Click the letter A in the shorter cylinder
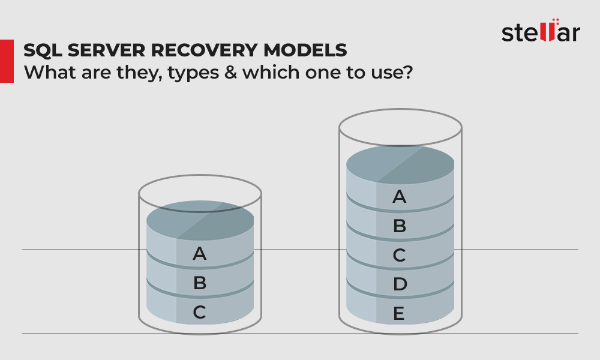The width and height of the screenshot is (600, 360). tap(199, 253)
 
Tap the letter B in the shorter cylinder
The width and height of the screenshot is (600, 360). tap(200, 283)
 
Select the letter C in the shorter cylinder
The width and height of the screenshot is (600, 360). tap(199, 312)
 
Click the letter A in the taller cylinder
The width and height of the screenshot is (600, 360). tap(399, 197)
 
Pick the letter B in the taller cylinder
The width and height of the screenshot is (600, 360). tap(400, 226)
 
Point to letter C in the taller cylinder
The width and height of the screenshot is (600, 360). tap(399, 255)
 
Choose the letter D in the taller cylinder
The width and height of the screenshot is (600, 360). tap(400, 284)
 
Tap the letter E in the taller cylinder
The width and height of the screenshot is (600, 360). tap(399, 314)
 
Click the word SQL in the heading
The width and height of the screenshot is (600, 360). tap(42, 50)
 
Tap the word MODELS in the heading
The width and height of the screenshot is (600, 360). tap(305, 50)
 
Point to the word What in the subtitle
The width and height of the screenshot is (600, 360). tap(50, 72)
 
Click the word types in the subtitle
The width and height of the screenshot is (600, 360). tap(193, 73)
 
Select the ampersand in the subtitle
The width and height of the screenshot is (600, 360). tap(231, 72)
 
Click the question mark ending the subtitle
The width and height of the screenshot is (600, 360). tap(408, 72)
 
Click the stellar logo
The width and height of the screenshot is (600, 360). tap(541, 31)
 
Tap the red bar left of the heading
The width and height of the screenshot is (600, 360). tap(7, 61)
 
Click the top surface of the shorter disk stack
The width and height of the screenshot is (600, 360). tap(200, 220)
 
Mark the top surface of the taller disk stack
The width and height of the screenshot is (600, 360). tap(400, 164)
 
